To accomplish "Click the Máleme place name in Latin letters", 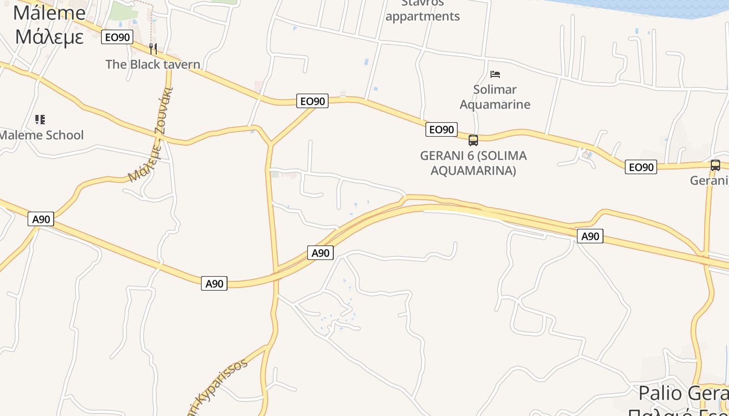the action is [49, 12].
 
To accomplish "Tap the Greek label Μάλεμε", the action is [49, 37].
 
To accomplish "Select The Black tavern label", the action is [153, 64].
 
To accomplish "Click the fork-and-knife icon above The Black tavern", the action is [153, 49].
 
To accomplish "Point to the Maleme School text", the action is [42, 135].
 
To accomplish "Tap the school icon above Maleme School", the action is [40, 120].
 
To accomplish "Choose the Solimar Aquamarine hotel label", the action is [495, 97].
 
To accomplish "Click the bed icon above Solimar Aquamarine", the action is [495, 74].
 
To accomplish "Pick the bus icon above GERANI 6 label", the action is [473, 140].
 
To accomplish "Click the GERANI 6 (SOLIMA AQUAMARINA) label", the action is [473, 163].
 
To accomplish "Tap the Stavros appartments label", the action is [423, 10].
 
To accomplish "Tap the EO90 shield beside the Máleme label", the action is [118, 37].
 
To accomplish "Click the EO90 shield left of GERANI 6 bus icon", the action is [442, 129].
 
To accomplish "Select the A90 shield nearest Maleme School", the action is [41, 219].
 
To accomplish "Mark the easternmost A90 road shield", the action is [590, 236].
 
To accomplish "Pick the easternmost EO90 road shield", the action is [641, 167].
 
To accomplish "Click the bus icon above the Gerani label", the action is [715, 165].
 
